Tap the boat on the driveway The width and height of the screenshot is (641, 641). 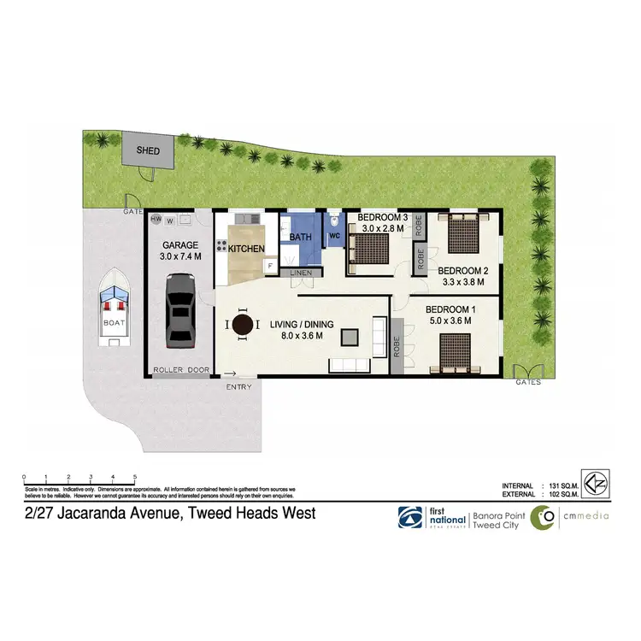click(115, 309)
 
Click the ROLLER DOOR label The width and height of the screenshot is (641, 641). click(180, 370)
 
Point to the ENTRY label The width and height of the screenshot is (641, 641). click(238, 387)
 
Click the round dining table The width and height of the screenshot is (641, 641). click(244, 325)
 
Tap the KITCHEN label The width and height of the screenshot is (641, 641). click(246, 249)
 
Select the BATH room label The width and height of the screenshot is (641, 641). click(300, 237)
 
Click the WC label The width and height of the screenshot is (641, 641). click(334, 235)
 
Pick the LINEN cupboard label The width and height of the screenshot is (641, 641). click(300, 273)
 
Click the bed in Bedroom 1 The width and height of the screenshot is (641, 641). click(458, 351)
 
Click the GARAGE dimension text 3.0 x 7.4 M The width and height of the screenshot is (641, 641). click(180, 256)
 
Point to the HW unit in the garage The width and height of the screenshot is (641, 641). click(156, 220)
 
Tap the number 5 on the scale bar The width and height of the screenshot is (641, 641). click(135, 477)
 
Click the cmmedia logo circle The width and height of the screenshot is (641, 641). click(543, 518)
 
